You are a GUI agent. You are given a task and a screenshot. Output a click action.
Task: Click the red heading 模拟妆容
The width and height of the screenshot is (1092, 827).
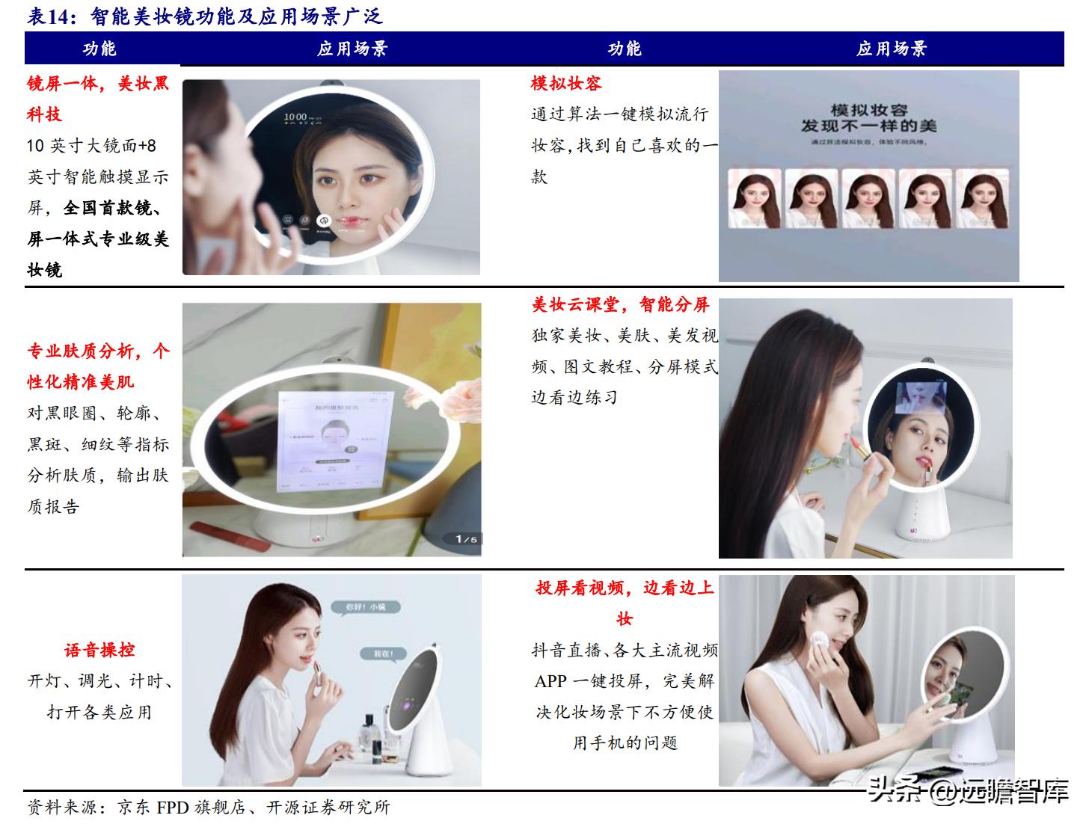pyautogui.click(x=565, y=83)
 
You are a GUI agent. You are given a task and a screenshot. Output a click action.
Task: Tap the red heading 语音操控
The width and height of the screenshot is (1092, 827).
pyautogui.click(x=99, y=650)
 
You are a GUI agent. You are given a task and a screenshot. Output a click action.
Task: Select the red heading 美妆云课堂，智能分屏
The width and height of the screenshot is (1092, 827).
pyautogui.click(x=620, y=304)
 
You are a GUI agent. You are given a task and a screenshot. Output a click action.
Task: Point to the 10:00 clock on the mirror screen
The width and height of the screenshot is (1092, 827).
pyautogui.click(x=295, y=117)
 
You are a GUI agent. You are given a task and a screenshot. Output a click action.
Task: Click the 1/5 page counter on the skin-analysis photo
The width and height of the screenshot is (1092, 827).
pyautogui.click(x=466, y=538)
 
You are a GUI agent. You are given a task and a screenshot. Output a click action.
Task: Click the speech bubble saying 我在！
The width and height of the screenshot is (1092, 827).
pyautogui.click(x=383, y=653)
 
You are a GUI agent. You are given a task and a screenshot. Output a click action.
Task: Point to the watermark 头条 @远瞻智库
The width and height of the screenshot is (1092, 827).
pyautogui.click(x=968, y=790)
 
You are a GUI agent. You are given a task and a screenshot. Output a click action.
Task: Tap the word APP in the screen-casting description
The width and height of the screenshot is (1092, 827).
pyautogui.click(x=550, y=681)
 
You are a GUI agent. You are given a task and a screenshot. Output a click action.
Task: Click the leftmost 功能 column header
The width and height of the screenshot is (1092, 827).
pyautogui.click(x=99, y=49)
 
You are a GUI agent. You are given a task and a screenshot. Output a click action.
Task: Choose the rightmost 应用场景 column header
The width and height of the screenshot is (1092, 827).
pyautogui.click(x=892, y=49)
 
